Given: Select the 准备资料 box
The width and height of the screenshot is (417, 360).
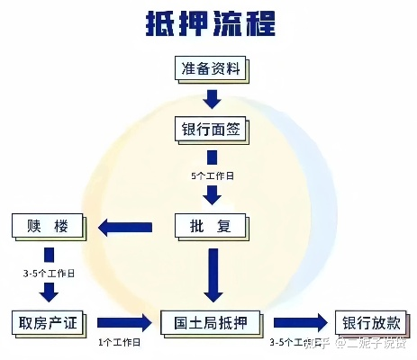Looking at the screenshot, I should (x=211, y=68).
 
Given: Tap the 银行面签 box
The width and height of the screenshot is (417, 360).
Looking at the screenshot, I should (x=211, y=130).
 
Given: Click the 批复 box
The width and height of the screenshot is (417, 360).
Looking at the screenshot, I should (x=211, y=225).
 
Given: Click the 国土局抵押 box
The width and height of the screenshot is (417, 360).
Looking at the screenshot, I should (x=211, y=322).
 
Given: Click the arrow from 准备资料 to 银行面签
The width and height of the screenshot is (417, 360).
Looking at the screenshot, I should (x=211, y=99).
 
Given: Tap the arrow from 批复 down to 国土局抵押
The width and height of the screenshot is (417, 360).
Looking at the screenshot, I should (x=211, y=274).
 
